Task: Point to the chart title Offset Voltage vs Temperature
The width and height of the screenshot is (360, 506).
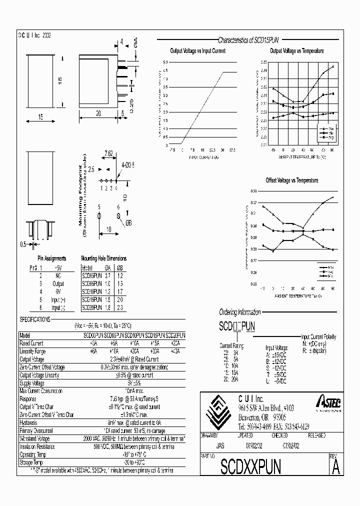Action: tap(291, 180)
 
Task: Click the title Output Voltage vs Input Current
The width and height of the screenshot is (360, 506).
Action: tap(197, 51)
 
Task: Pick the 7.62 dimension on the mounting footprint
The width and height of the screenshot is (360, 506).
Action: tap(108, 153)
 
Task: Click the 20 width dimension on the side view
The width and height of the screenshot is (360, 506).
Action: tap(98, 113)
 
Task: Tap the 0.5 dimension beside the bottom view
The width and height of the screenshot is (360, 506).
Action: tap(22, 244)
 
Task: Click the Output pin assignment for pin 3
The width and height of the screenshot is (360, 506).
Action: tap(59, 283)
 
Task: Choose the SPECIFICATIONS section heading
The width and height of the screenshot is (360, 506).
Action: tap(35, 319)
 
